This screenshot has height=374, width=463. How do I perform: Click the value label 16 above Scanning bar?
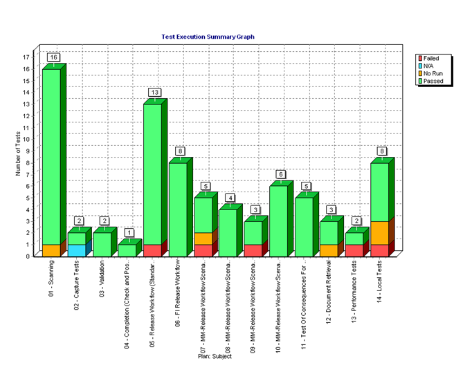pyautogui.click(x=53, y=57)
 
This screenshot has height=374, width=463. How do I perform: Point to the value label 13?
pyautogui.click(x=154, y=92)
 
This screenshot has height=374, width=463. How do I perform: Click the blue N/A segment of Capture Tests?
pyautogui.click(x=76, y=250)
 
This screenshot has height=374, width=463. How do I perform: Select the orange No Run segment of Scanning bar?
pyautogui.click(x=51, y=250)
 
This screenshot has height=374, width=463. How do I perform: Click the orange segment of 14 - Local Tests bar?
pyautogui.click(x=379, y=233)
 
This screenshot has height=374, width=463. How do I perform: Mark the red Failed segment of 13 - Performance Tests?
pyautogui.click(x=354, y=250)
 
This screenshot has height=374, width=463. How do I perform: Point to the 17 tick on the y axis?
pyautogui.click(x=26, y=57)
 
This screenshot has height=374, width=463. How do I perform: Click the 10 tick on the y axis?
pyautogui.click(x=26, y=139)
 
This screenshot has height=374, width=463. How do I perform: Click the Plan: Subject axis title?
pyautogui.click(x=215, y=356)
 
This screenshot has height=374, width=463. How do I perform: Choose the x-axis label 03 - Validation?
pyautogui.click(x=102, y=276)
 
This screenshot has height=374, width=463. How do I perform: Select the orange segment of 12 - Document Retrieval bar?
pyautogui.click(x=328, y=250)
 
